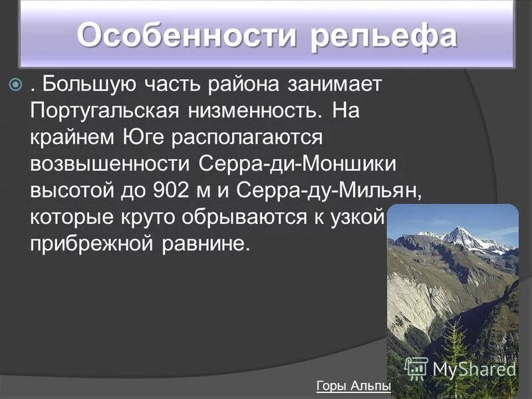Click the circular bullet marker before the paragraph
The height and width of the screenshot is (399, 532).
(x=17, y=86)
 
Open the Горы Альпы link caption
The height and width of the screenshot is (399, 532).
(x=353, y=387)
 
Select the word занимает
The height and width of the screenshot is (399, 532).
(x=334, y=86)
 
